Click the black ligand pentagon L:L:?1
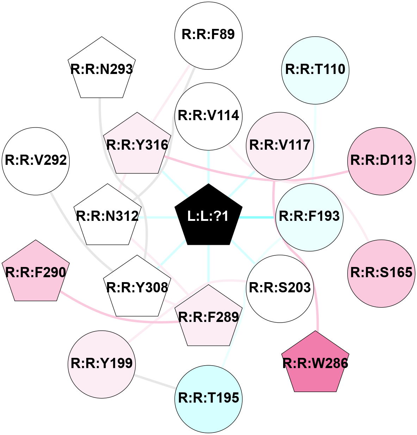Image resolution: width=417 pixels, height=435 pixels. (x=208, y=216)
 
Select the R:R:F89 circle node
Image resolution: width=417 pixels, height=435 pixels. (x=208, y=35)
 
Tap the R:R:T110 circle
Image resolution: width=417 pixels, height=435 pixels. (x=315, y=70)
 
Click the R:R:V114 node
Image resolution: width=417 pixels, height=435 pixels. (x=208, y=116)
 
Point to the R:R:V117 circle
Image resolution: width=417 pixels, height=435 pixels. (x=280, y=145)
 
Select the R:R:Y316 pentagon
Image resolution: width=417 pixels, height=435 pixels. (x=137, y=145)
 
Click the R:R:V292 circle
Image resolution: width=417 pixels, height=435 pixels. (x=36, y=161)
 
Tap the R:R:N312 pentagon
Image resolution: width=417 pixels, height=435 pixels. (x=107, y=216)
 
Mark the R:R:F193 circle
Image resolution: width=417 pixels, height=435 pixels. (x=309, y=217)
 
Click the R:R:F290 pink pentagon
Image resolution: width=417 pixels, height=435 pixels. (x=36, y=273)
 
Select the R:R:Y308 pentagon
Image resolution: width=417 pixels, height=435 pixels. (x=137, y=288)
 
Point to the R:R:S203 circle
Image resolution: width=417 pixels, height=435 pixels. (x=280, y=288)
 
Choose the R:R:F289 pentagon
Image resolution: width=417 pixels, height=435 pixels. (x=208, y=317)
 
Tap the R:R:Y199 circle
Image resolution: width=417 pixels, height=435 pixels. (x=102, y=364)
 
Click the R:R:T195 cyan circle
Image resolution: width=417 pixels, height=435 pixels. (x=208, y=398)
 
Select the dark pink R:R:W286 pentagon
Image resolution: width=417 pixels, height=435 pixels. (x=315, y=363)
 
